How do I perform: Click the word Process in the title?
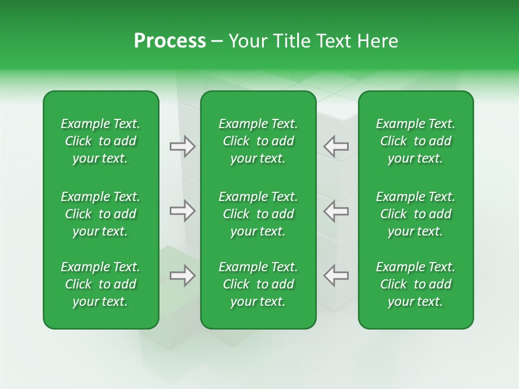coord(170,41)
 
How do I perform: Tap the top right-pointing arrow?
coord(182,146)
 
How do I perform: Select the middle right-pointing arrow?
coord(182,211)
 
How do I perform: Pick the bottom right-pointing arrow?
coord(182,276)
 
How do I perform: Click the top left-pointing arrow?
coord(336,146)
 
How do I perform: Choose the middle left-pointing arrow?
coord(336,211)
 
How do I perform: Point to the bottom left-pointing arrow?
coord(336,276)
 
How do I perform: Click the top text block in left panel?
coord(101,141)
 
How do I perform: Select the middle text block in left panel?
coord(101,214)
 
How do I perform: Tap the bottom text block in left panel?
coord(101,284)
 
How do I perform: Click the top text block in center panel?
coord(258,141)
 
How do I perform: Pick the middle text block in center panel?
coord(258,214)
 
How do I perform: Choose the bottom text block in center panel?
coord(258,284)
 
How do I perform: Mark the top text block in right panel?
coord(415,141)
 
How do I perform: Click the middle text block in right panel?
coord(415,214)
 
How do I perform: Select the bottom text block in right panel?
coord(415,284)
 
